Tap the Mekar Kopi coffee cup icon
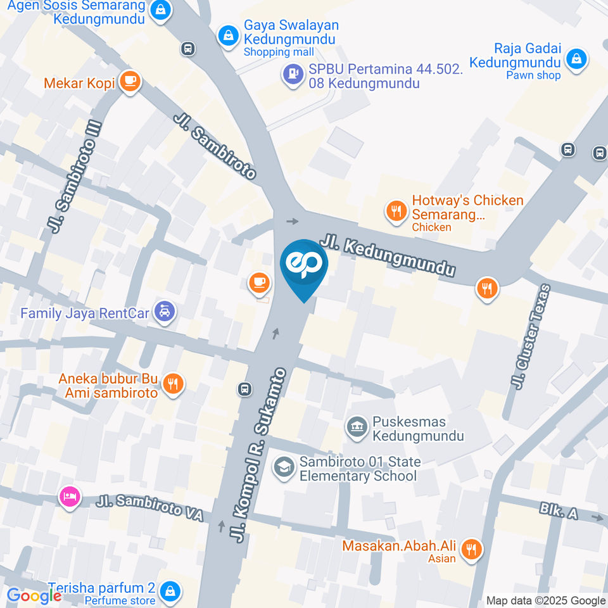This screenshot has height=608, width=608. click(x=130, y=81)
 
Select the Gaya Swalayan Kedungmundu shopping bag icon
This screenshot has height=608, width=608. click(x=227, y=35)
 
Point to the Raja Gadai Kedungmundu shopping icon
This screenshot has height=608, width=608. click(x=576, y=60)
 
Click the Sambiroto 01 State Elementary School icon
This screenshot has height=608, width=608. click(x=283, y=467)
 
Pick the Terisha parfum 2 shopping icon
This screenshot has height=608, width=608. click(x=169, y=592)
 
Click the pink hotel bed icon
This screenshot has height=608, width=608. click(x=69, y=497)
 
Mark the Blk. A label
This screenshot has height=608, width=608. click(x=559, y=511)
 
